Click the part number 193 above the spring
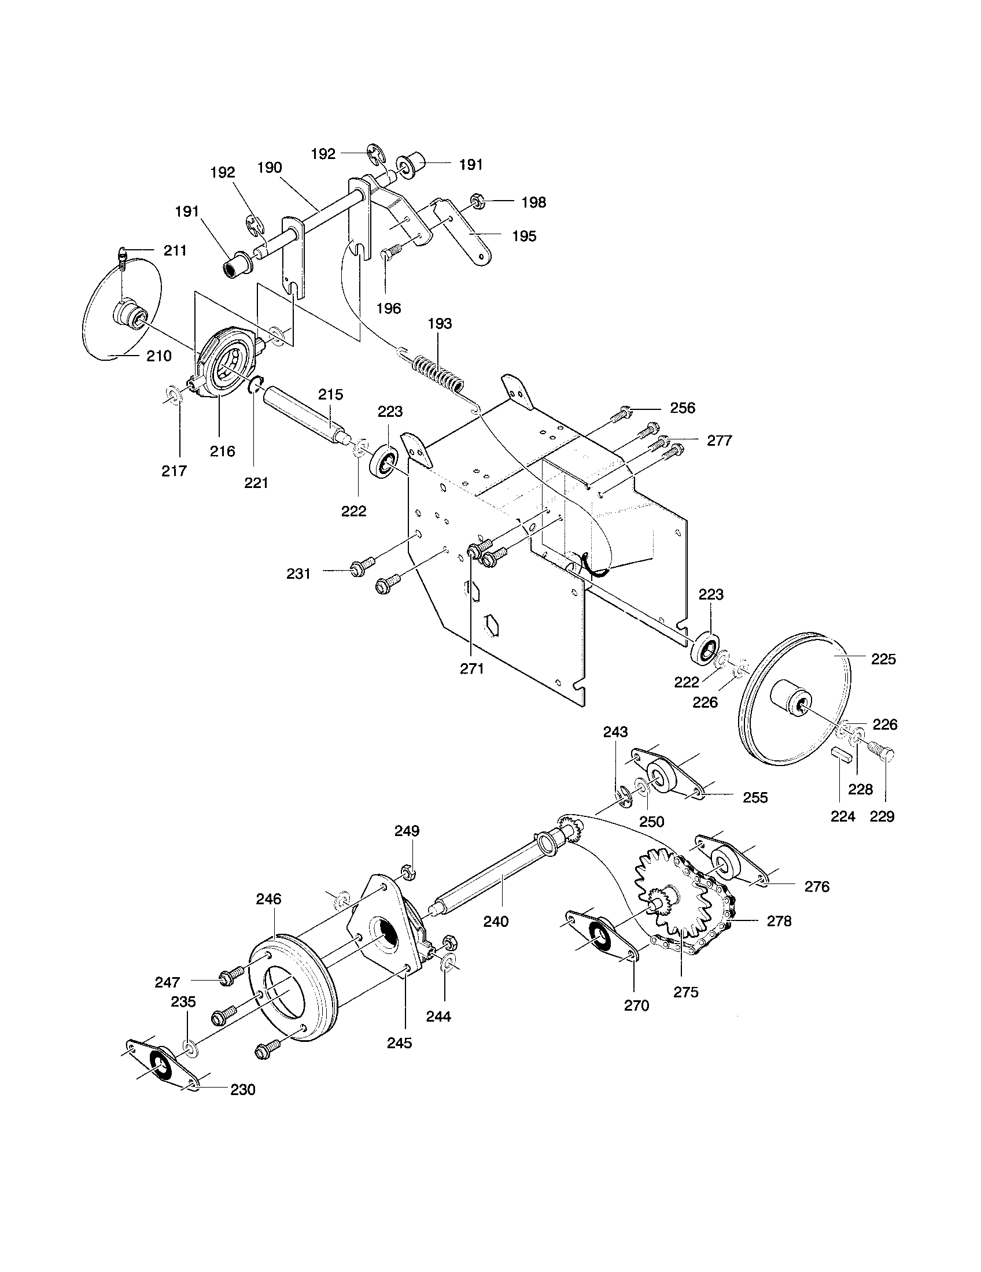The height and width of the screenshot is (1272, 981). [x=440, y=324]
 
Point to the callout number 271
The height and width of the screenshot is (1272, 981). [x=472, y=669]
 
